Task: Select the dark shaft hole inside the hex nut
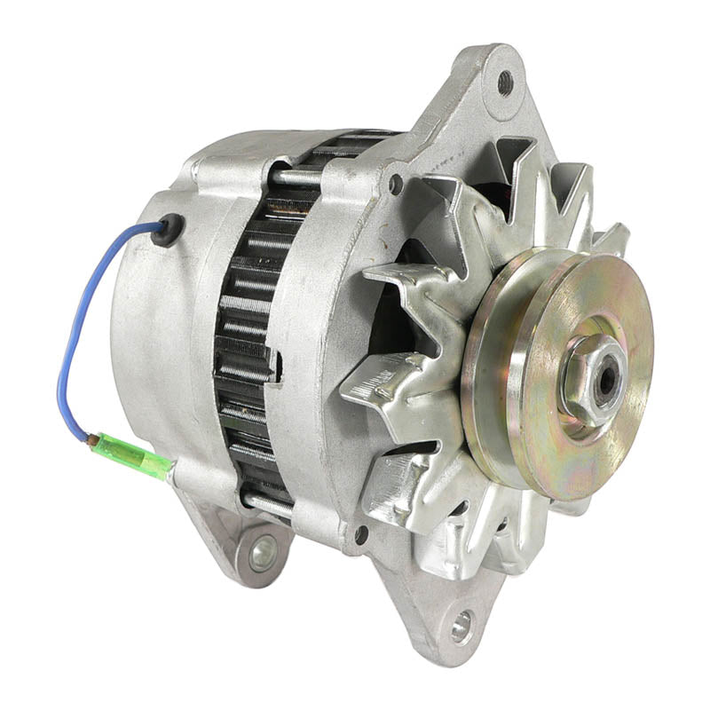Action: click(607, 378)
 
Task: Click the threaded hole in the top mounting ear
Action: click(505, 83)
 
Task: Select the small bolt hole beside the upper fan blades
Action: click(396, 184)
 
